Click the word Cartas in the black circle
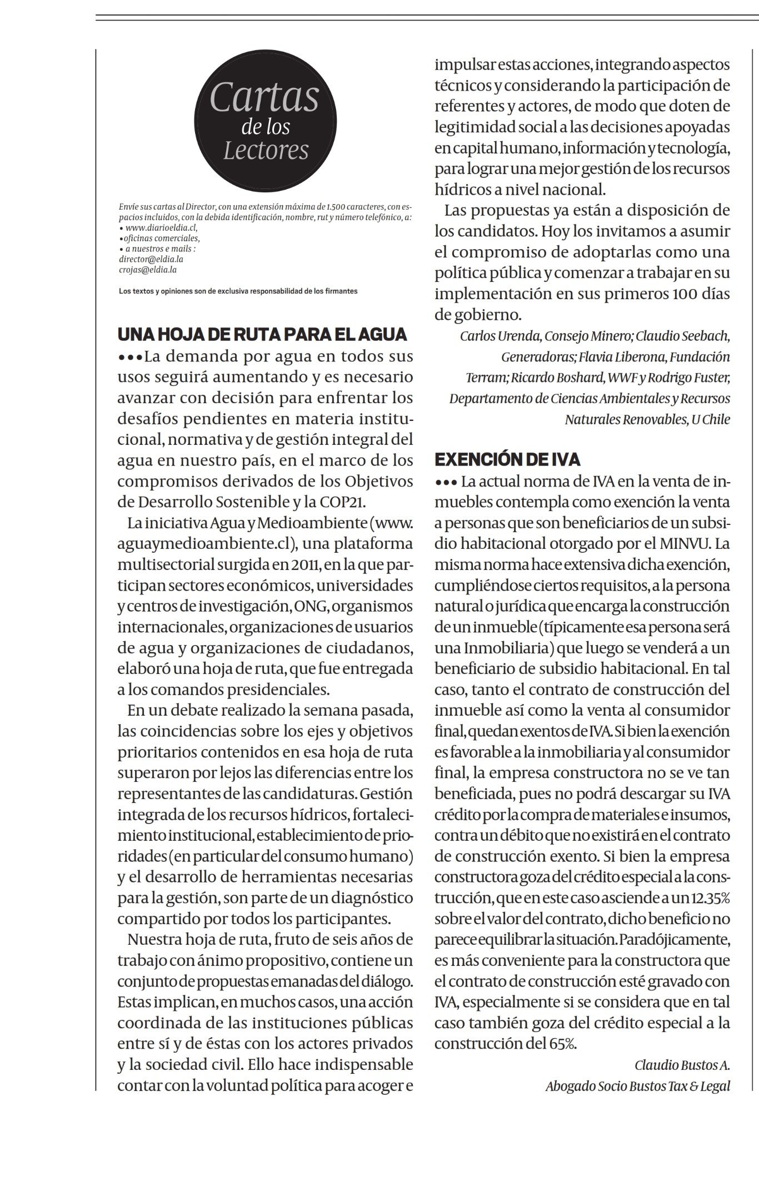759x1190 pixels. pyautogui.click(x=265, y=98)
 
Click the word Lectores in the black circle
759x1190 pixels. pyautogui.click(x=266, y=150)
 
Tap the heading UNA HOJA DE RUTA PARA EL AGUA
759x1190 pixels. pyautogui.click(x=262, y=334)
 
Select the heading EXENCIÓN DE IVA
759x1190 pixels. pyautogui.click(x=507, y=459)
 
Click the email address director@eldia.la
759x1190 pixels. pyautogui.click(x=151, y=259)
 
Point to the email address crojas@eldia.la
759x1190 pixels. pyautogui.click(x=148, y=270)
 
